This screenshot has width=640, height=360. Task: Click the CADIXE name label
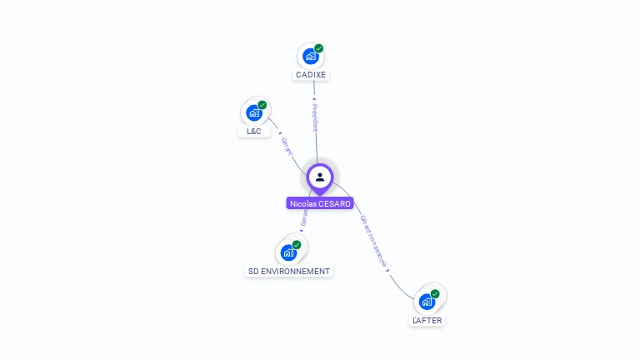tap(311, 75)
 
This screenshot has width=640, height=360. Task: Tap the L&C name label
tap(254, 132)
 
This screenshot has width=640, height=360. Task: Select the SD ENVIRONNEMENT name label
tap(289, 272)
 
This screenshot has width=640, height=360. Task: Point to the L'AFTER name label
tap(427, 320)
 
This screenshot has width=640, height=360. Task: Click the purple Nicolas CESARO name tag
tap(320, 203)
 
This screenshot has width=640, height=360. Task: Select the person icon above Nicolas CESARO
tap(320, 177)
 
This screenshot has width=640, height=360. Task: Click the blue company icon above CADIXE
tap(310, 57)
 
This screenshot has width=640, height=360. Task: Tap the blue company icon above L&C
tap(253, 113)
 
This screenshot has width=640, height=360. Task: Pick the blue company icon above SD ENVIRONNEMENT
tap(288, 252)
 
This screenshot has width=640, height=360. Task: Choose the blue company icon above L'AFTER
tap(427, 302)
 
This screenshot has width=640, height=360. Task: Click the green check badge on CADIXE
tap(318, 48)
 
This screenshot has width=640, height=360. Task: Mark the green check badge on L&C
tap(262, 105)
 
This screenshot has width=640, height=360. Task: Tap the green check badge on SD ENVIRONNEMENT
tap(297, 245)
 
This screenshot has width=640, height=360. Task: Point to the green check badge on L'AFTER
tap(435, 293)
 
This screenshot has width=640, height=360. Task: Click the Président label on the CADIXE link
tap(315, 117)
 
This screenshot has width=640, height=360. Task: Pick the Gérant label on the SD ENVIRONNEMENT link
tap(303, 218)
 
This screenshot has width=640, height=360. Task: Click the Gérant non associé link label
tap(374, 242)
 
